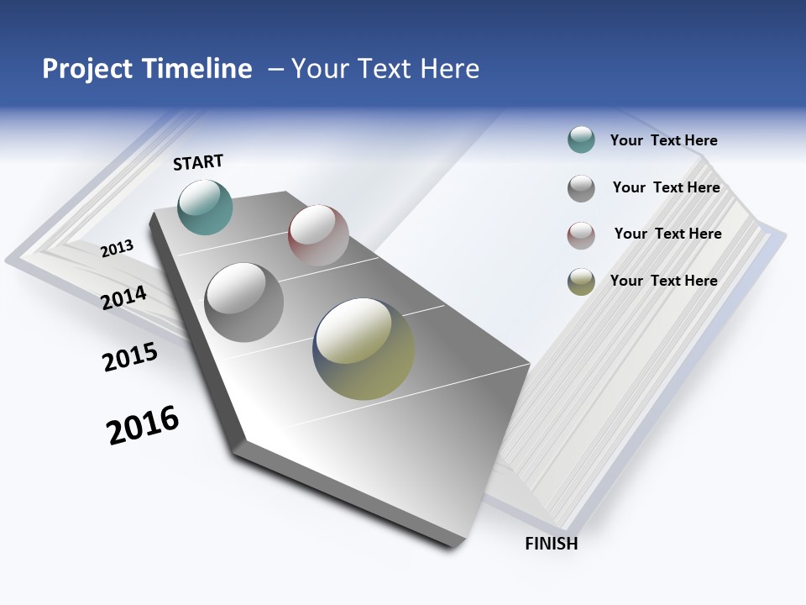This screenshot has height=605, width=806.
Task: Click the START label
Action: (198, 162)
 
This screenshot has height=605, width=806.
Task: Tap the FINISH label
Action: (551, 544)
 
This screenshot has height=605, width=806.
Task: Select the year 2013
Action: (118, 248)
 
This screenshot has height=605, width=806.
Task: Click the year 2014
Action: (124, 297)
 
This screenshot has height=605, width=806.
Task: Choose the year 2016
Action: (143, 425)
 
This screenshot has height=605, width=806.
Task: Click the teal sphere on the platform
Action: (206, 207)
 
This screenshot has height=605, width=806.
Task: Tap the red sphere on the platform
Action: (318, 235)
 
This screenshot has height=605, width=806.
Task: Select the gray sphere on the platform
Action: (244, 302)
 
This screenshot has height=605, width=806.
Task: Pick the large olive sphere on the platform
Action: (364, 349)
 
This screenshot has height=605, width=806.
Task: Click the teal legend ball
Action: (581, 140)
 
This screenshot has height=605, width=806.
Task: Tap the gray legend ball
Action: (581, 188)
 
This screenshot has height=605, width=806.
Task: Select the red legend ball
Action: (581, 235)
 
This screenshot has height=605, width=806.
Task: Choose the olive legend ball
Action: (581, 281)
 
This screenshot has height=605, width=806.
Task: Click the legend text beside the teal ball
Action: (663, 140)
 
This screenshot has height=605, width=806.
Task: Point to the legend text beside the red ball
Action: (667, 234)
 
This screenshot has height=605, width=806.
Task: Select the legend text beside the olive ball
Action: (663, 281)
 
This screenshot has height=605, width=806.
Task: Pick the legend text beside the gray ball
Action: (666, 187)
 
